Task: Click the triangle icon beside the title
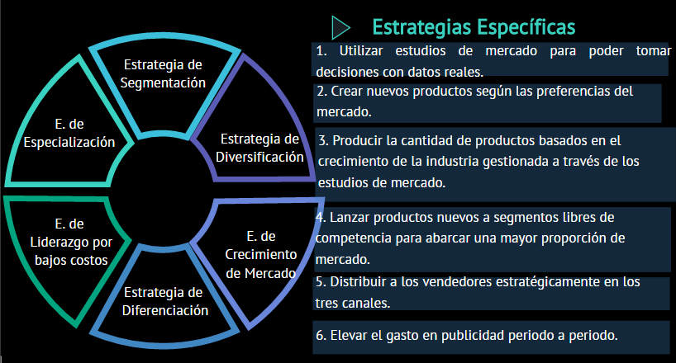coord(340,27)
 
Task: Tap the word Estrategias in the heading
coord(421,27)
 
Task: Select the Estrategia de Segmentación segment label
coord(163,73)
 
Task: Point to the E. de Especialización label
coord(69,133)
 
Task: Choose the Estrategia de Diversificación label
coord(259,148)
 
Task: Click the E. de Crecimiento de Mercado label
coord(261,254)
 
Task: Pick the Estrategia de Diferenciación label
coord(165,301)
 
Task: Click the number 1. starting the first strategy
coord(321,51)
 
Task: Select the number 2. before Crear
coord(322,92)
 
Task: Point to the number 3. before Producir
coord(324,141)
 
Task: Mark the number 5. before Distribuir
coord(321,282)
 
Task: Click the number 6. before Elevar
coord(321,336)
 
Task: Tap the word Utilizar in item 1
coord(361,51)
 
